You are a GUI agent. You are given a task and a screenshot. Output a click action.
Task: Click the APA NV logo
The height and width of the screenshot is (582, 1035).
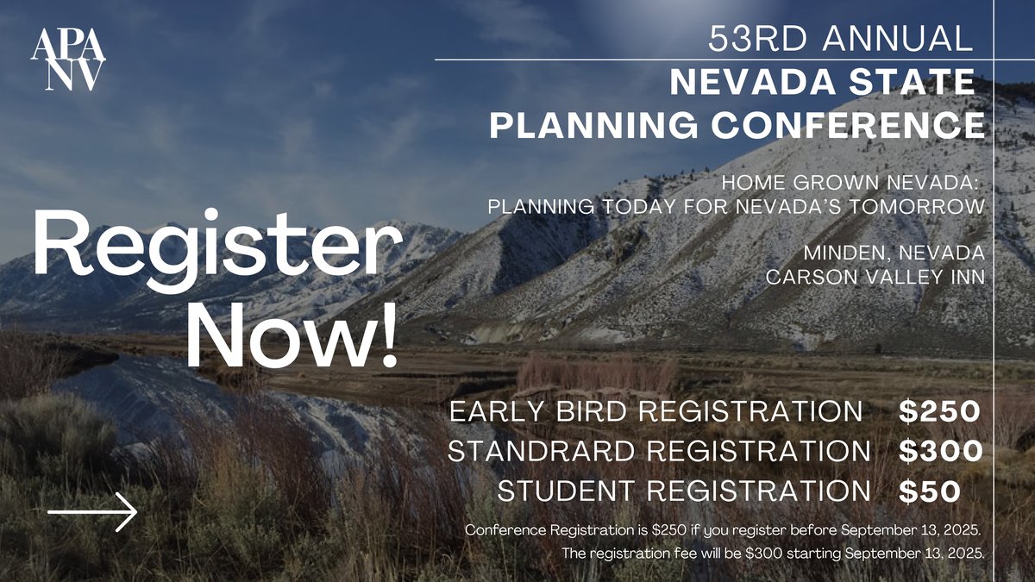pyautogui.click(x=68, y=59)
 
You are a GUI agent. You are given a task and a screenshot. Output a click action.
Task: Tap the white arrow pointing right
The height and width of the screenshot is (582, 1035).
pyautogui.click(x=92, y=512)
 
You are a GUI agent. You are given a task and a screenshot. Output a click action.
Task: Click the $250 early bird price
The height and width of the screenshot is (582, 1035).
pyautogui.click(x=939, y=411)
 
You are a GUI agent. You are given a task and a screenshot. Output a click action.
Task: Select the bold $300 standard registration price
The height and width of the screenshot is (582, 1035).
pyautogui.click(x=940, y=451)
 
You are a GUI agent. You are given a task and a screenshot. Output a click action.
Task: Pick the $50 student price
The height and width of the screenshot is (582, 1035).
pyautogui.click(x=930, y=491)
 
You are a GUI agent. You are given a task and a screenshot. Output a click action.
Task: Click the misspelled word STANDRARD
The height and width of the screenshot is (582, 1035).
pyautogui.click(x=543, y=451)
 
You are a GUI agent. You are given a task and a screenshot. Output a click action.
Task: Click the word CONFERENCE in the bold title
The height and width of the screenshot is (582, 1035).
pyautogui.click(x=848, y=125)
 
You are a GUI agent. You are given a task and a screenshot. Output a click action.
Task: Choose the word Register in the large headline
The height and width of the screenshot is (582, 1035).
pyautogui.click(x=217, y=248)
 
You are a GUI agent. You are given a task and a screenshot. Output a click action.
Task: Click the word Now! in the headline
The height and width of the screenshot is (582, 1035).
pyautogui.click(x=292, y=335)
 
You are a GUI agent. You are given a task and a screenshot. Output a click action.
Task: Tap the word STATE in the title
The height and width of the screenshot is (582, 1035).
pyautogui.click(x=912, y=82)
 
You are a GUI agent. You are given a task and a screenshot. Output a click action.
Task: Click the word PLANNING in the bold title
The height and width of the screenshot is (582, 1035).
pyautogui.click(x=593, y=125)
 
